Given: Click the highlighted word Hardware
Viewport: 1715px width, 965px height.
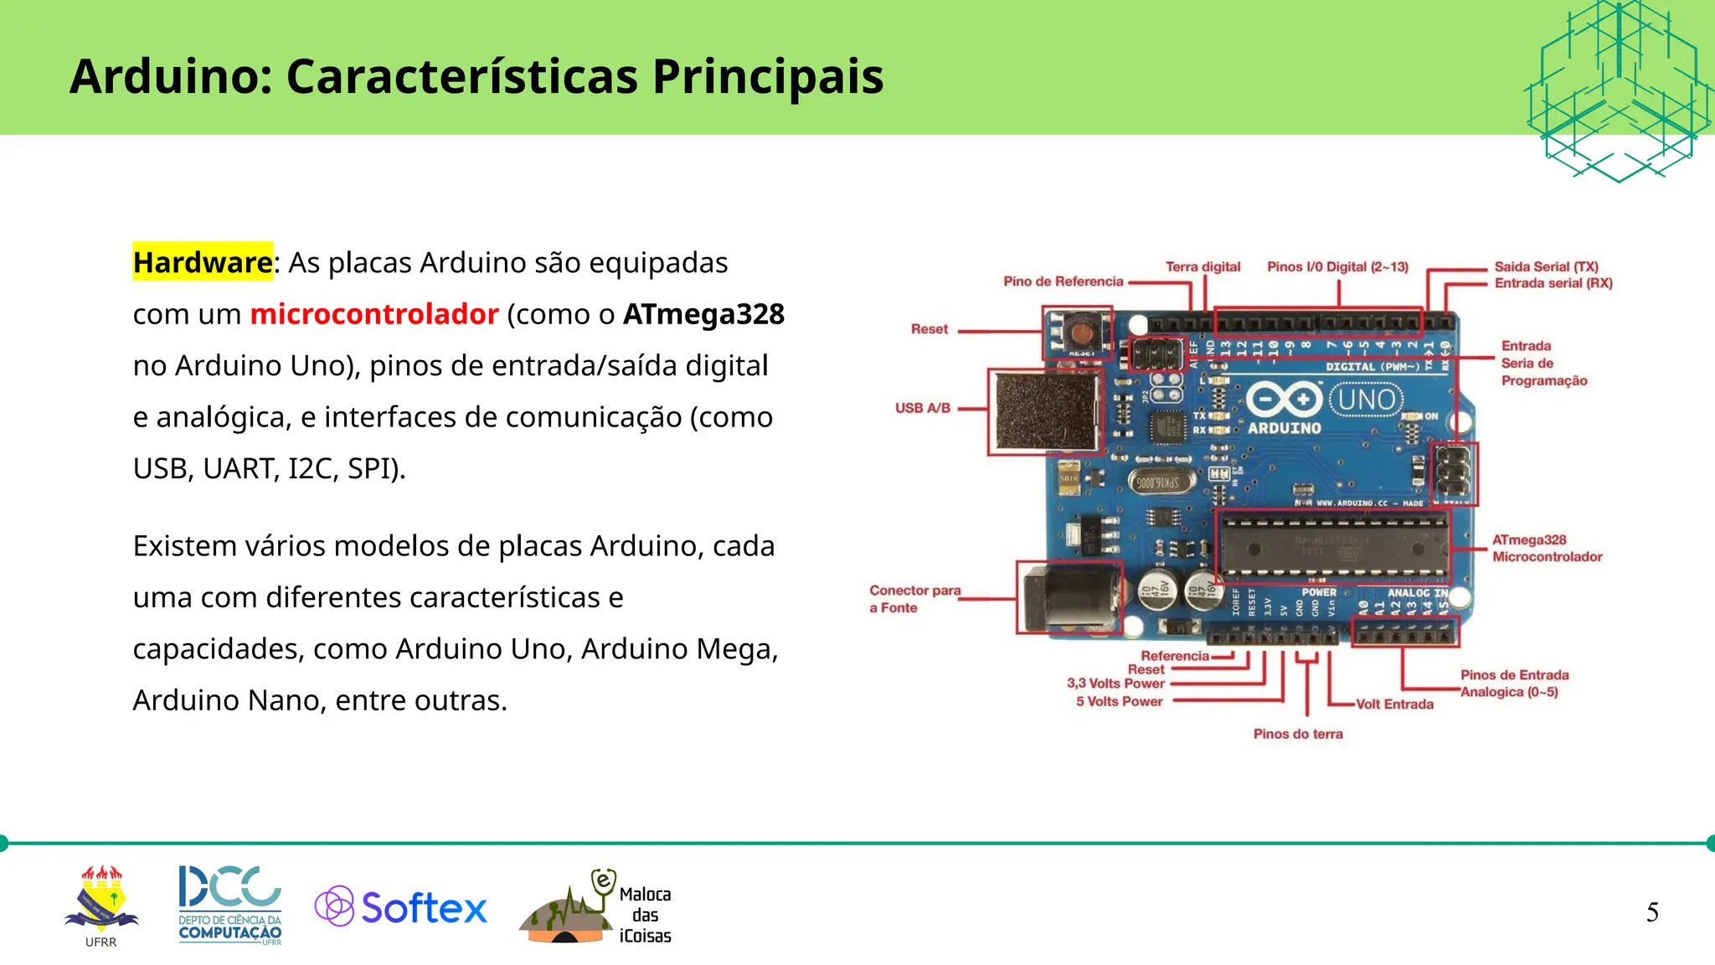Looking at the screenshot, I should coord(203,262).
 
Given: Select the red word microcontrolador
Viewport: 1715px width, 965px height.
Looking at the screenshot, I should coord(374,314).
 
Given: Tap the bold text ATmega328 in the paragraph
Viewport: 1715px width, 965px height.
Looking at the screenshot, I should coord(703,314).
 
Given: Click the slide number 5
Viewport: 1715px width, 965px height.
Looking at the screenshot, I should coord(1652,912).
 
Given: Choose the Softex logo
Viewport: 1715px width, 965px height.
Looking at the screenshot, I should coord(401,907).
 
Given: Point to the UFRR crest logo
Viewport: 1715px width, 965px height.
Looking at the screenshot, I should coord(101,902).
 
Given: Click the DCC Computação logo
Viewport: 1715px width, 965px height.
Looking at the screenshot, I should coord(229,905).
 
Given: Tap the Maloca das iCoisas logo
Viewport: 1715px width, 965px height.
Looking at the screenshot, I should coord(596,909).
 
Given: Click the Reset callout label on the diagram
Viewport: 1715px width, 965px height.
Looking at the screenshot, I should coord(930,329).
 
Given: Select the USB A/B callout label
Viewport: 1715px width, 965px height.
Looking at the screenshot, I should coord(923,408).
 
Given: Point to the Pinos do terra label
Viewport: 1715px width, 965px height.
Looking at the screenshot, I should coord(1298,734).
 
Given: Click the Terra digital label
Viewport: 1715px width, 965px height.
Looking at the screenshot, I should coord(1203,266).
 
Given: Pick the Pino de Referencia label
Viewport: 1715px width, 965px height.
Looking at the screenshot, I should coord(1063,281).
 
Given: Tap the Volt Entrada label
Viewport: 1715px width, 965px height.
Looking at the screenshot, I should coord(1394,704).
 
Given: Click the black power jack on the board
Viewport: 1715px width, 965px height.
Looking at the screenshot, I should coord(1069,598).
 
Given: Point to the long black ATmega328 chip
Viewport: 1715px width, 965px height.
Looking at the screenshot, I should coord(1333,546).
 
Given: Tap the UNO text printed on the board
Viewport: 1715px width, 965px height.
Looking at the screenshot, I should coord(1366,400).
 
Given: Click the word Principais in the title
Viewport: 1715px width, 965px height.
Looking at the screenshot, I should coord(768,76).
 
